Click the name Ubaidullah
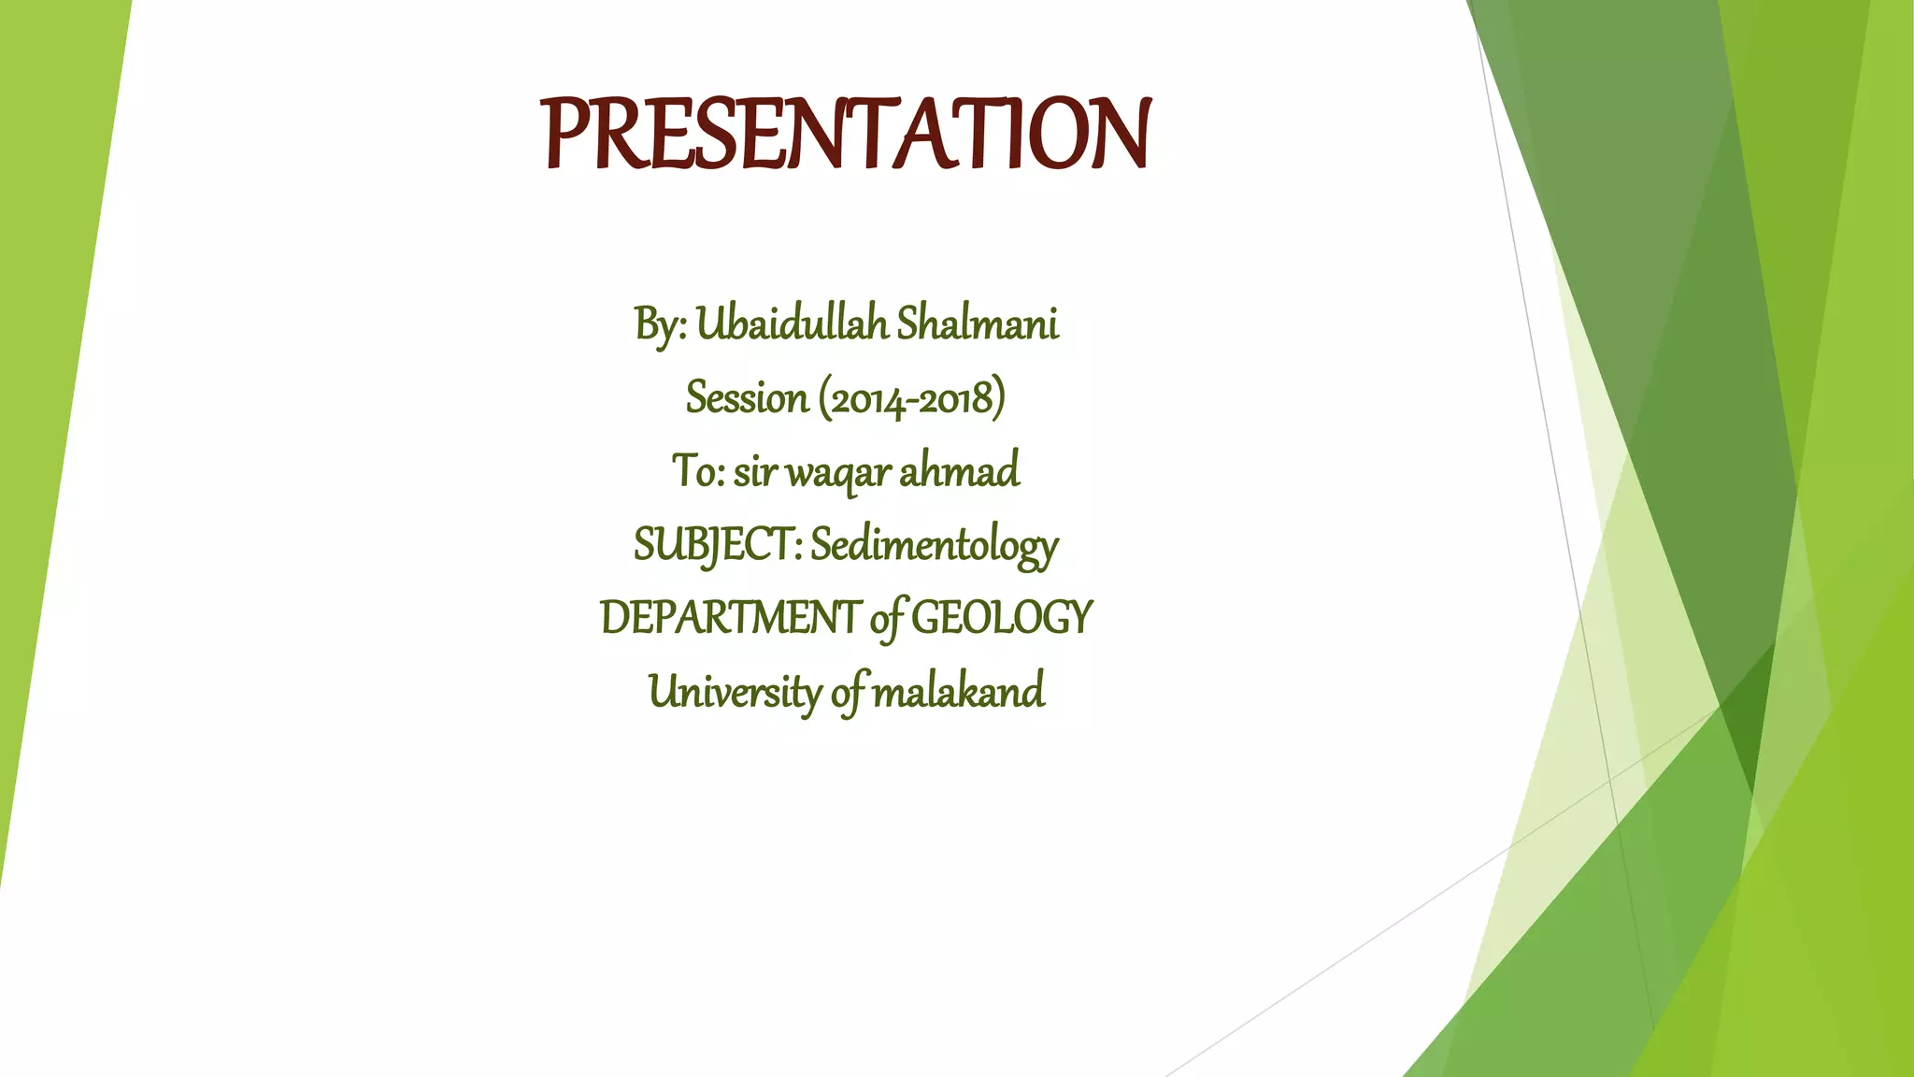(x=792, y=324)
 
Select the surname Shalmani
(x=978, y=324)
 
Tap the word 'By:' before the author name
(x=661, y=325)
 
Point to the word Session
(x=747, y=398)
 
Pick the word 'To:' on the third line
(x=697, y=470)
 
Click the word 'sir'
(x=754, y=471)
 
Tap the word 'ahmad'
(x=959, y=470)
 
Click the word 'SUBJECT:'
(x=717, y=545)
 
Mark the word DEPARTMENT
(x=730, y=618)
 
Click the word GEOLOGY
(x=1001, y=618)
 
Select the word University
(x=735, y=692)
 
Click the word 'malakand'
(x=958, y=692)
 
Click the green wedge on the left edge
(x=47, y=327)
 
